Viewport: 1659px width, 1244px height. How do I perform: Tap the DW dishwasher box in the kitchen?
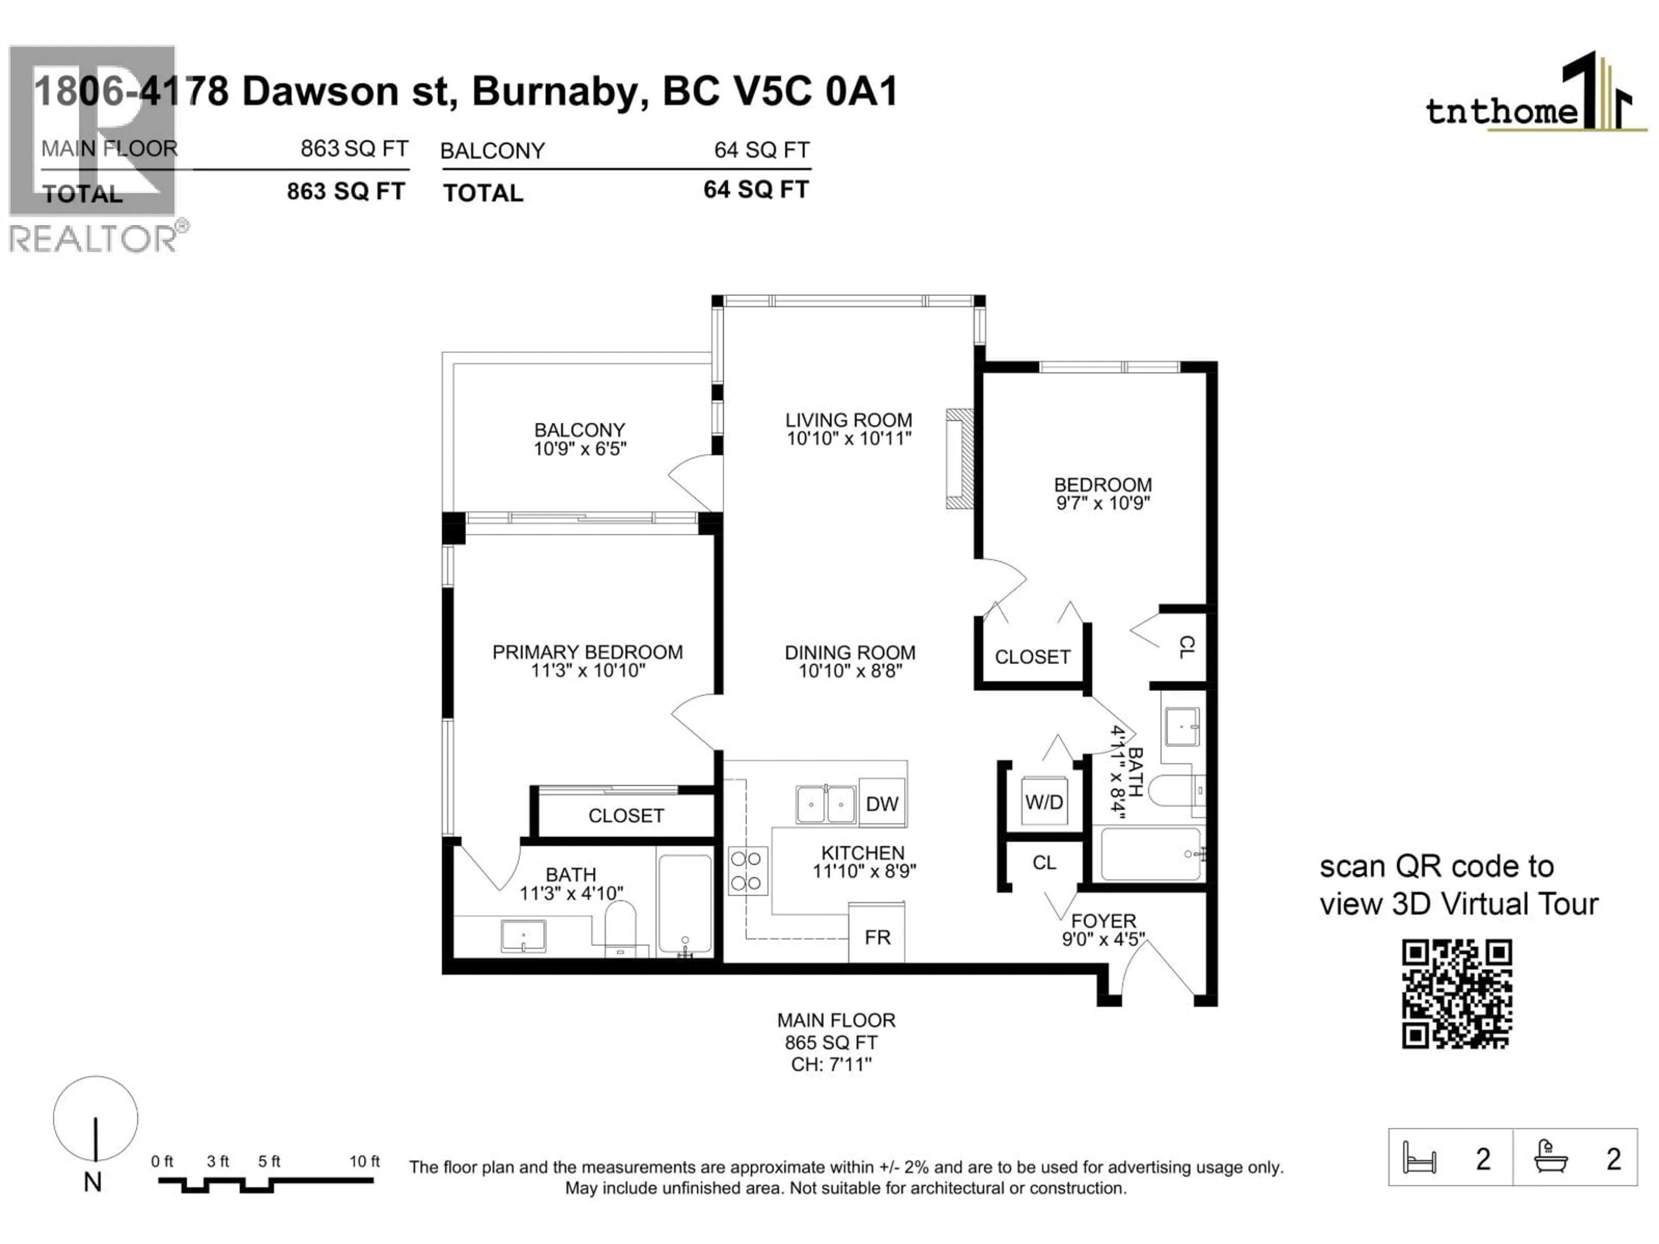tap(882, 803)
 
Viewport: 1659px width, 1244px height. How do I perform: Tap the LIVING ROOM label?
tap(849, 420)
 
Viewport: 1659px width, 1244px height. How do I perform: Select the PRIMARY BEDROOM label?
tap(587, 652)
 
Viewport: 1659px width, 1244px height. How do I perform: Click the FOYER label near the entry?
tap(1103, 921)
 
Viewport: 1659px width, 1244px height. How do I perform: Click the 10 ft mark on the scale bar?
tap(365, 1161)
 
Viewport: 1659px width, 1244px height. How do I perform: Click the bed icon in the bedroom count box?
tap(1419, 1158)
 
